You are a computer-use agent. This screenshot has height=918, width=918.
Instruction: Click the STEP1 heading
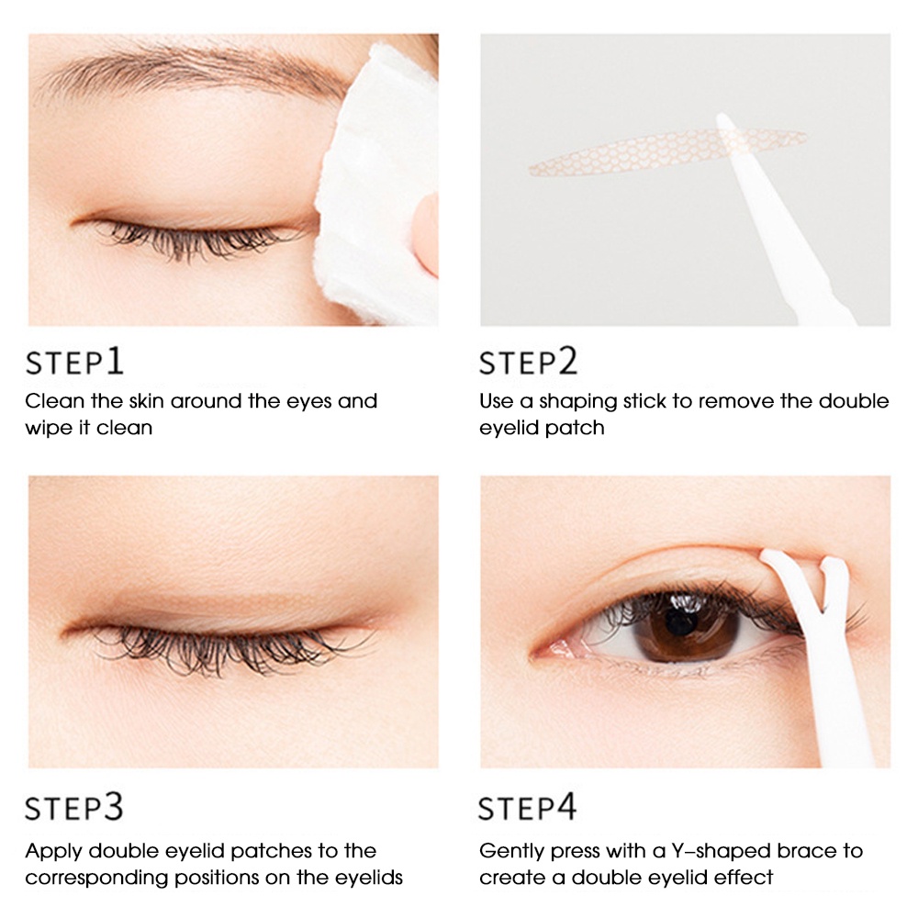pyautogui.click(x=74, y=362)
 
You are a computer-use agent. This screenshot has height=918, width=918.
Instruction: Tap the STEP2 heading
pyautogui.click(x=529, y=362)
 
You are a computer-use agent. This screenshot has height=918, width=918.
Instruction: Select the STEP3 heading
pyautogui.click(x=74, y=808)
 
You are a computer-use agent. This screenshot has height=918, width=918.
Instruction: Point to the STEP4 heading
pyautogui.click(x=529, y=808)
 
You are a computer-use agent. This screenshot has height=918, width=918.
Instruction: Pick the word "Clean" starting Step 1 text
pyautogui.click(x=51, y=401)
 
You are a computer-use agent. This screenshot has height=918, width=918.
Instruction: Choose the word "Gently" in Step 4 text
pyautogui.click(x=511, y=852)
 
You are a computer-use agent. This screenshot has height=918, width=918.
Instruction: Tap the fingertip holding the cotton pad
pyautogui.click(x=425, y=234)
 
